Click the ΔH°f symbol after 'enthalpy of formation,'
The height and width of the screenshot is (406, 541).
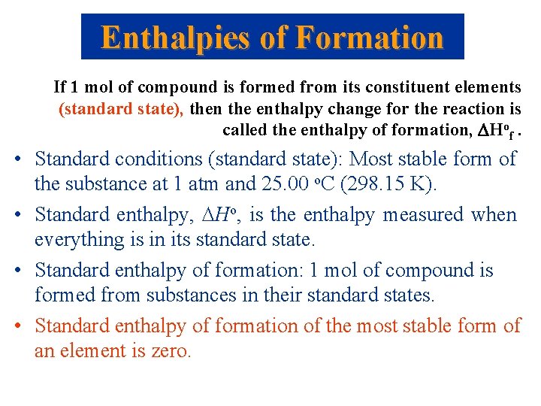tap(494, 131)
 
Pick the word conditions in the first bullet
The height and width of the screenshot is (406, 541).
tap(158, 159)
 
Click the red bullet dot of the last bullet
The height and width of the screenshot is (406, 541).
tap(17, 326)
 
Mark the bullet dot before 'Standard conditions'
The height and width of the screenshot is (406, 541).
tap(17, 159)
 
